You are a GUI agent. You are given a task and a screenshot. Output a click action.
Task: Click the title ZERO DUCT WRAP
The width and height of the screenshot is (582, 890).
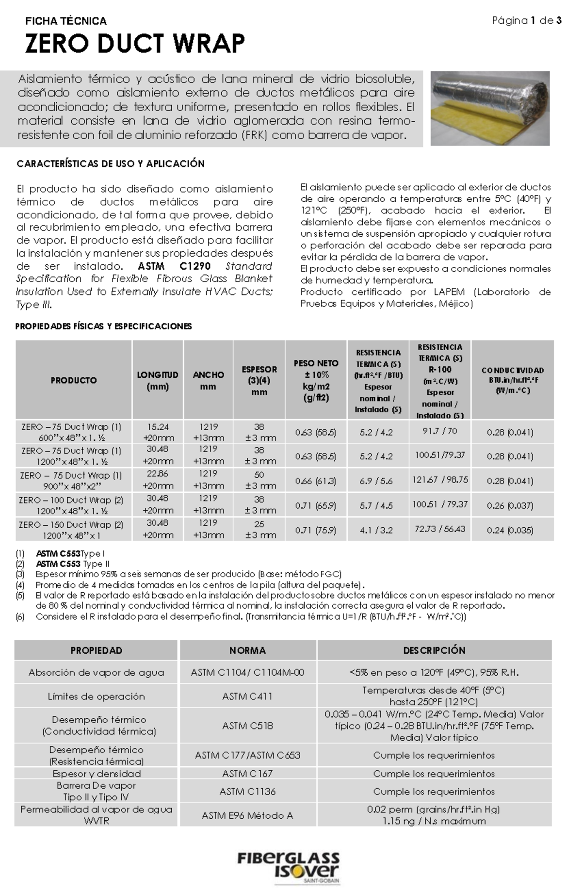(x=135, y=44)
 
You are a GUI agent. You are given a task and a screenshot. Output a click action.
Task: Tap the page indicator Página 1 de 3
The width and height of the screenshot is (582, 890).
(x=527, y=21)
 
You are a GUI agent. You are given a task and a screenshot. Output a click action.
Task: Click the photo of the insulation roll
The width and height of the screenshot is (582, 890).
(x=490, y=108)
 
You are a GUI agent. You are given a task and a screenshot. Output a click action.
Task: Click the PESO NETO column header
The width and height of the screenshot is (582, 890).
(x=316, y=380)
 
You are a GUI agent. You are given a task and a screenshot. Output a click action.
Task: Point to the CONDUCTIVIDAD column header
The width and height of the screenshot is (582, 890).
(x=513, y=380)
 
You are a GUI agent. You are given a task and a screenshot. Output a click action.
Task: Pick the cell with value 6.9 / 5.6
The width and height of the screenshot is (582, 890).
(x=376, y=481)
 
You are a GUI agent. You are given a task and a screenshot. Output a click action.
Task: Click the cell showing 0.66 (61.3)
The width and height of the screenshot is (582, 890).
(x=316, y=481)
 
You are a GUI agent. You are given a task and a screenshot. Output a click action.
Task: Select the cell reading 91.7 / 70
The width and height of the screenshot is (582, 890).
(x=439, y=431)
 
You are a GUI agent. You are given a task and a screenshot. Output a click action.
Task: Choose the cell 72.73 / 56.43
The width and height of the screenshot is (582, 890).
(x=439, y=529)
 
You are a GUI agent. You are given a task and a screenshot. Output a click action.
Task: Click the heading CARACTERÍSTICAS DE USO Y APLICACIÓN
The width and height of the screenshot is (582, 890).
(x=111, y=164)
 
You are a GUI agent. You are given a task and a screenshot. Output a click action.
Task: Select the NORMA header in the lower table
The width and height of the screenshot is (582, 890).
(x=247, y=650)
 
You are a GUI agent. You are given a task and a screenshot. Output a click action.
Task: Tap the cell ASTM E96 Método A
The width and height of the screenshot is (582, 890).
(x=247, y=815)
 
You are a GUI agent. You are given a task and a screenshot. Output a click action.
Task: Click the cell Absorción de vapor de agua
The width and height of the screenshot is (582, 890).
(x=96, y=673)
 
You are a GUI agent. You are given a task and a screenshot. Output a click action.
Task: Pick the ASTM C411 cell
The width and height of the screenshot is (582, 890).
(x=247, y=696)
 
